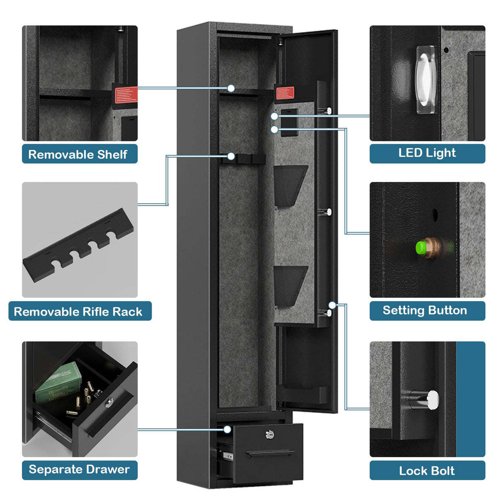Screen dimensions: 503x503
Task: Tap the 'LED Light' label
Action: tap(427, 153)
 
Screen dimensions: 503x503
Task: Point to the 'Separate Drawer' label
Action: tap(80, 469)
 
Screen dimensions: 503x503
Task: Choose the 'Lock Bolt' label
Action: tap(427, 470)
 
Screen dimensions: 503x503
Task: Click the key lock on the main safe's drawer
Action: tap(269, 434)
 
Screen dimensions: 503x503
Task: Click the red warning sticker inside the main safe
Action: tap(285, 93)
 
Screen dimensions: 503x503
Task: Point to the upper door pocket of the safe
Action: tap(290, 184)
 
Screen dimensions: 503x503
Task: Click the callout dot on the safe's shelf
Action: tap(231, 88)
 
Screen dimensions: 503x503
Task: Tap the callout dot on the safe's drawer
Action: tap(227, 429)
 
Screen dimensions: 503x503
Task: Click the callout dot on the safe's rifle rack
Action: tap(231, 156)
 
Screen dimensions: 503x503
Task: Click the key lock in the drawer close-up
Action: tap(109, 402)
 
